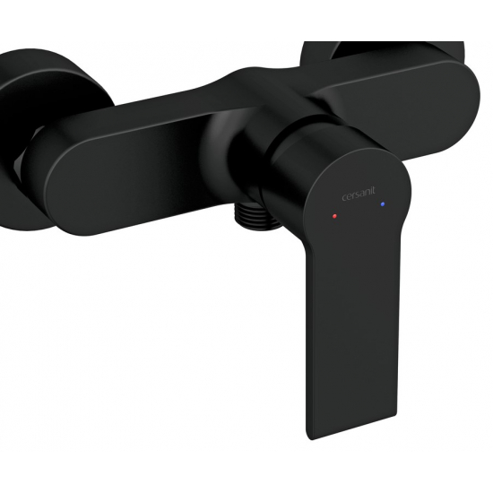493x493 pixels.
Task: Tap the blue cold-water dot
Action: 384,206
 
